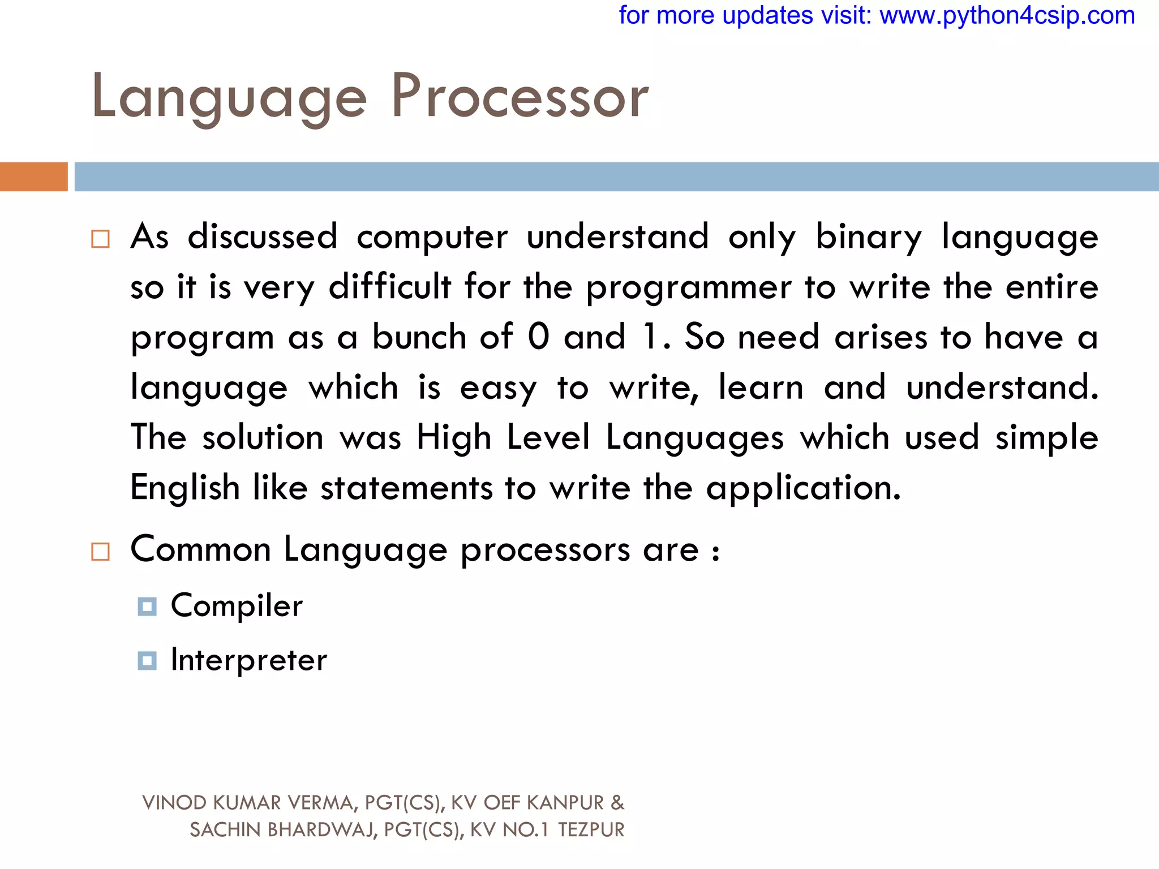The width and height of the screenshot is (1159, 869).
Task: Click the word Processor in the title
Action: [520, 97]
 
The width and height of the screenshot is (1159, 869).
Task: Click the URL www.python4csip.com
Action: [1007, 15]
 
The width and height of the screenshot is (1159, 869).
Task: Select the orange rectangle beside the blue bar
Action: [33, 177]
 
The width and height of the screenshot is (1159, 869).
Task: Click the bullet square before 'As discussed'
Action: [100, 239]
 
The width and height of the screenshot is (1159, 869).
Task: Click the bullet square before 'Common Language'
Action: [100, 551]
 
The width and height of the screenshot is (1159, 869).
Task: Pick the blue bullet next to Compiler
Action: [147, 606]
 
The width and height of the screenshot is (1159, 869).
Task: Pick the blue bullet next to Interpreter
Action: [147, 660]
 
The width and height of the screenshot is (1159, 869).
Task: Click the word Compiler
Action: [237, 606]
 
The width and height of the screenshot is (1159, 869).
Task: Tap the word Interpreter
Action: [249, 660]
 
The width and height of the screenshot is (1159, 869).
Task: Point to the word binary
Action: [868, 237]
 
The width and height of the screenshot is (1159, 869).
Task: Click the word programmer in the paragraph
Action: [688, 288]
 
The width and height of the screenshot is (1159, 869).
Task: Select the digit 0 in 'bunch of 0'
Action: [538, 337]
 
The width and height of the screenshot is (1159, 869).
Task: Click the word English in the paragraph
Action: [185, 488]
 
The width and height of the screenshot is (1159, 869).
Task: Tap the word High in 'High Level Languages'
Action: [453, 438]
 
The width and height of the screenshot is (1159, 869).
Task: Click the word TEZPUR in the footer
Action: [591, 830]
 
